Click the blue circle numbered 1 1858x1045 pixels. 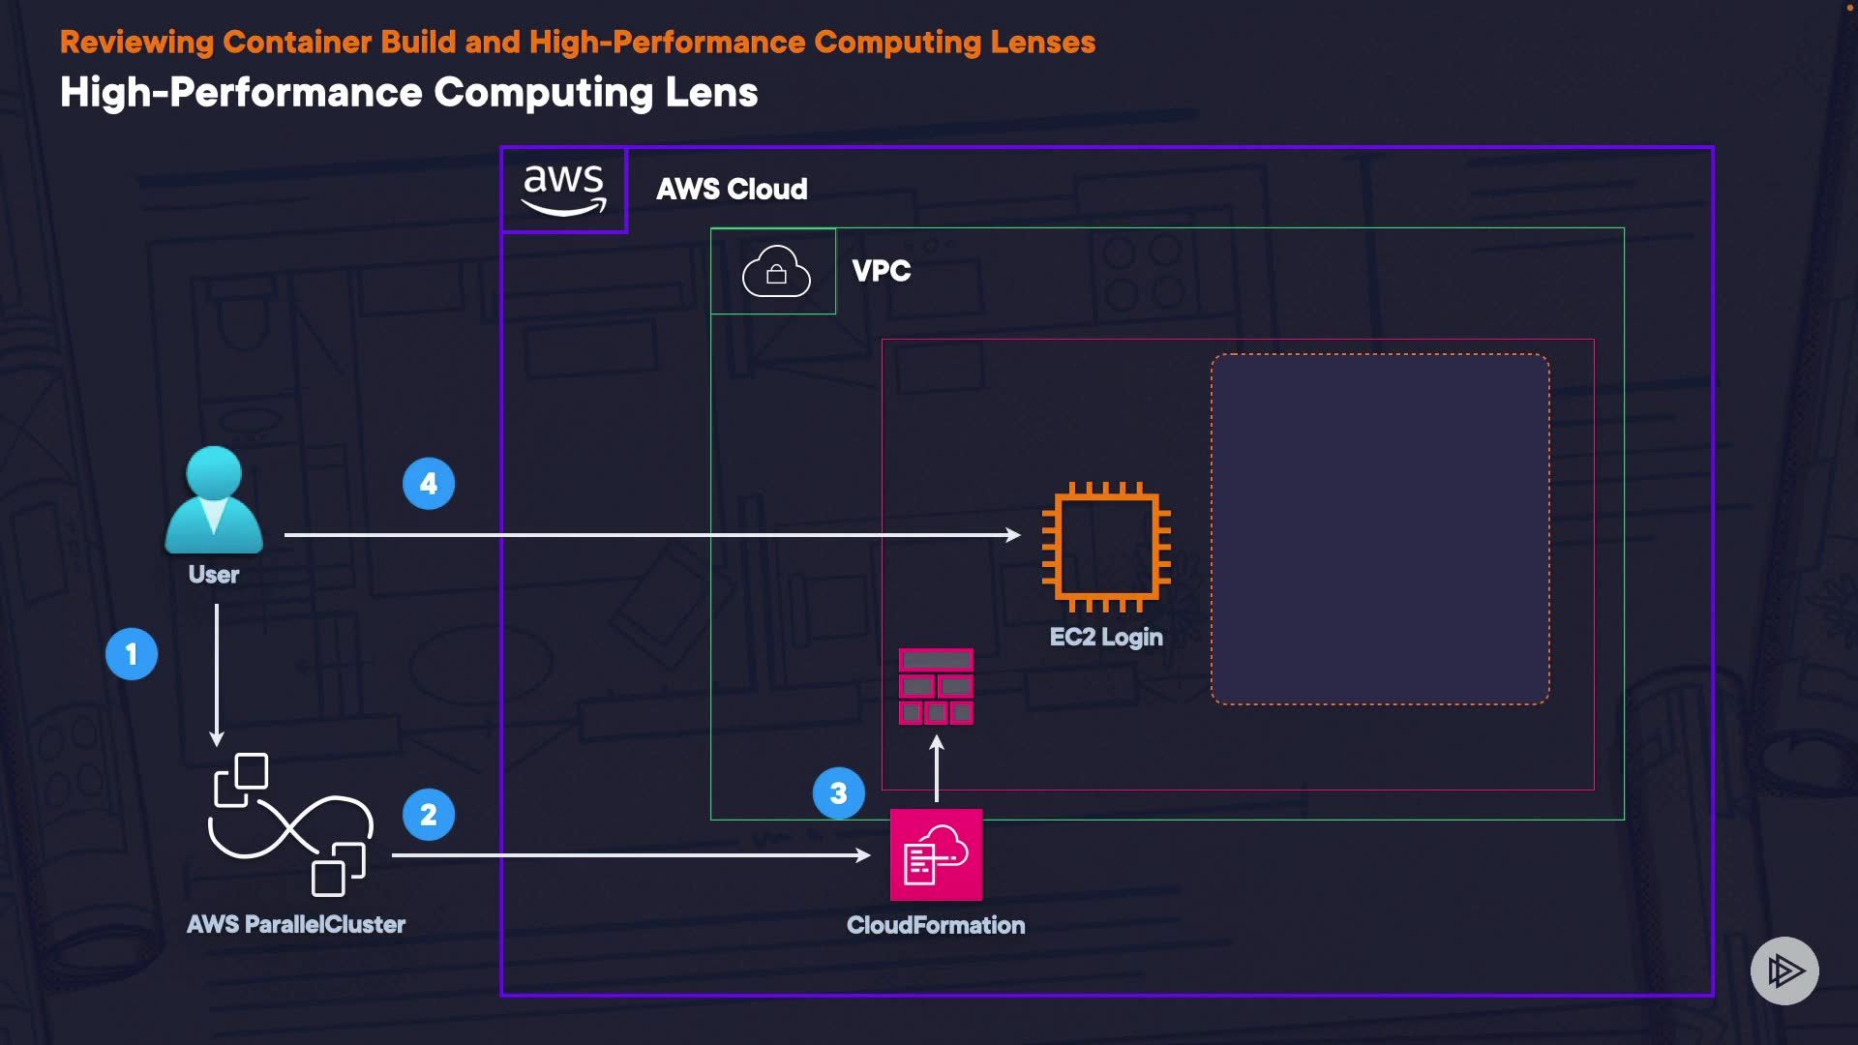[132, 654]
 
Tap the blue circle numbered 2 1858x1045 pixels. [429, 815]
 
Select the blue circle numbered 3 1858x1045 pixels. [839, 793]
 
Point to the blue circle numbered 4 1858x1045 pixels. [429, 484]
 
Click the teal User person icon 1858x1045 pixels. [214, 500]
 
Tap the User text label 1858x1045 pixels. [214, 575]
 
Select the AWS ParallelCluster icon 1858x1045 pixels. [291, 825]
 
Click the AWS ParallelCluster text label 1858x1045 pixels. [296, 924]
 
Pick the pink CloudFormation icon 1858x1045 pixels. [936, 855]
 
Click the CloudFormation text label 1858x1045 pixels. [936, 925]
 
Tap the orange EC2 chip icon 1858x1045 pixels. [1106, 547]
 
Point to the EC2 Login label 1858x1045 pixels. [1106, 637]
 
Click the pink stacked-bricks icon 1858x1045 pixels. [936, 686]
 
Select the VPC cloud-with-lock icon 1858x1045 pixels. [776, 271]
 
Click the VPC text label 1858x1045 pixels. [882, 271]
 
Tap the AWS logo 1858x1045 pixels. [564, 190]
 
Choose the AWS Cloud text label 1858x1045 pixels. [732, 189]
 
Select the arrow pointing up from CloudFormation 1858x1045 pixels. [937, 769]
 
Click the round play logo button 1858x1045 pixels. [1784, 970]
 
